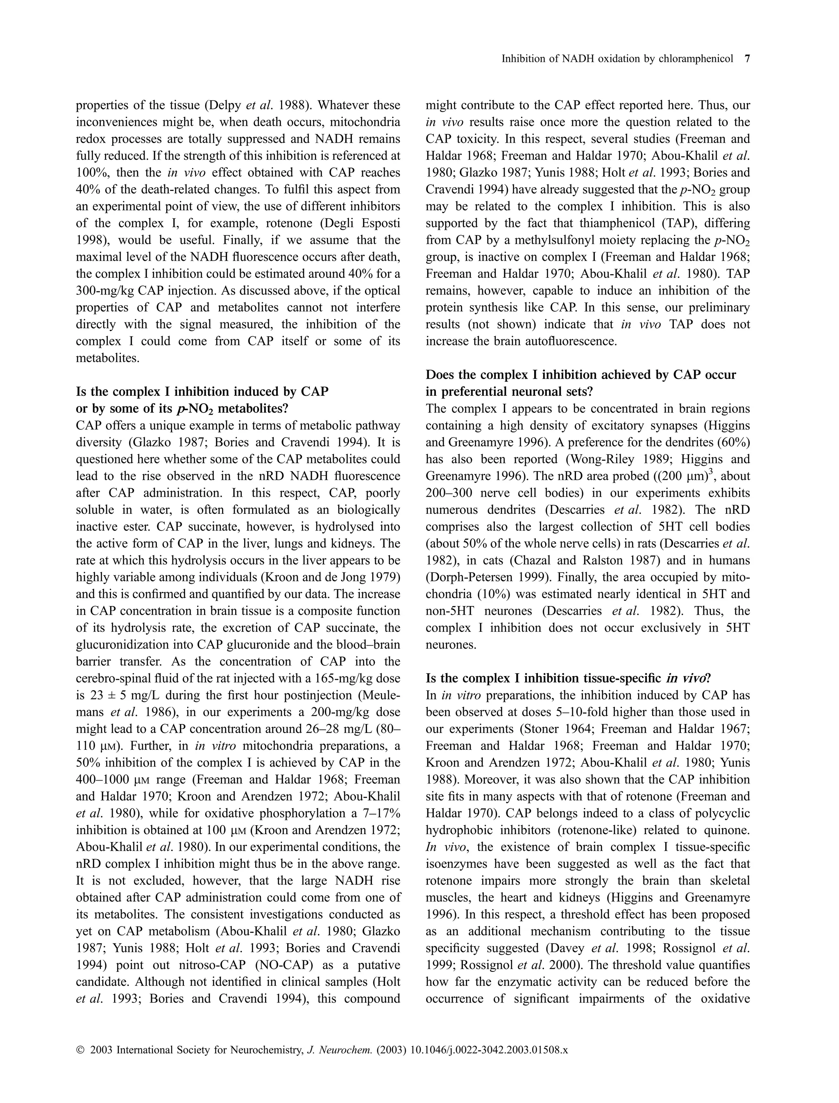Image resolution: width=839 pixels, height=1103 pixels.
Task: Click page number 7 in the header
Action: click(747, 59)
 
